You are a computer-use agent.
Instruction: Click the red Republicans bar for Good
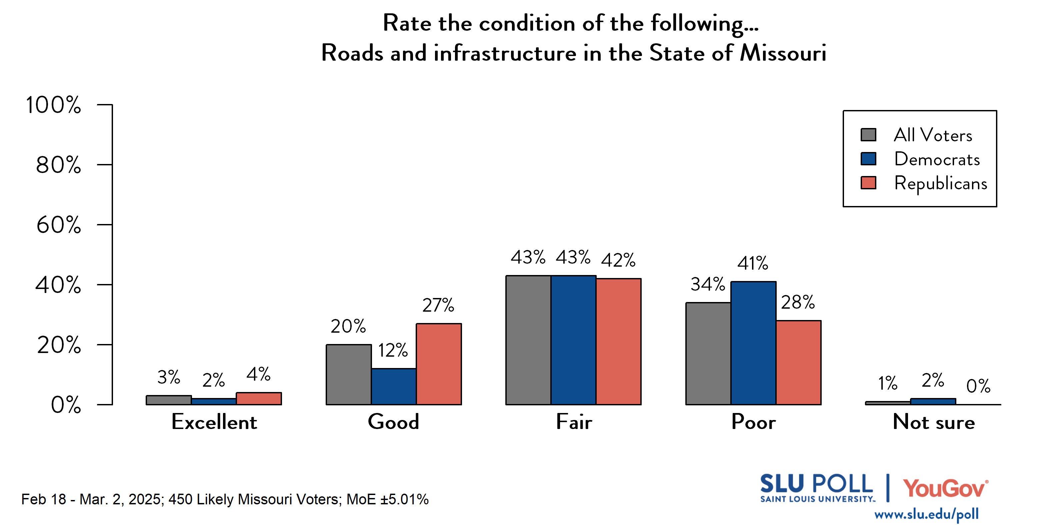pyautogui.click(x=439, y=364)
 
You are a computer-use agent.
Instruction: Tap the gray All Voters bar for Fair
pyautogui.click(x=528, y=340)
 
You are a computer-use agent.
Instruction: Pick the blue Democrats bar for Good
pyautogui.click(x=394, y=386)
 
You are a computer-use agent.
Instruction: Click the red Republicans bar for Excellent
pyautogui.click(x=259, y=399)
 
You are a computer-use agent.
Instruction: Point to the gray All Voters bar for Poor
pyautogui.click(x=708, y=353)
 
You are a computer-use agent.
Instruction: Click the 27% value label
pyautogui.click(x=438, y=305)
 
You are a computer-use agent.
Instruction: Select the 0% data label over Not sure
pyautogui.click(x=978, y=386)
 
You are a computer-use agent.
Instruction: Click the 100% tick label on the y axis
pyautogui.click(x=53, y=105)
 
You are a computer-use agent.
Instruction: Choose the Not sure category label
pyautogui.click(x=933, y=422)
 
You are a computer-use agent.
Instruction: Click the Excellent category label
pyautogui.click(x=214, y=422)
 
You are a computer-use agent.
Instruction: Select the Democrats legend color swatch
pyautogui.click(x=868, y=159)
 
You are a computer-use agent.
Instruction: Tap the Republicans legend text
pyautogui.click(x=940, y=183)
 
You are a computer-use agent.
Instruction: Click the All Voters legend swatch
pyautogui.click(x=868, y=135)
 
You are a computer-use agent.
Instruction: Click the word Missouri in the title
pyautogui.click(x=783, y=53)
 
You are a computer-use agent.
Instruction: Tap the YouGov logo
pyautogui.click(x=945, y=488)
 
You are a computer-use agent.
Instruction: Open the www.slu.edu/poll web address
pyautogui.click(x=926, y=514)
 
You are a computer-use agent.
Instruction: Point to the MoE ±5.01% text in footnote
pyautogui.click(x=387, y=499)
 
